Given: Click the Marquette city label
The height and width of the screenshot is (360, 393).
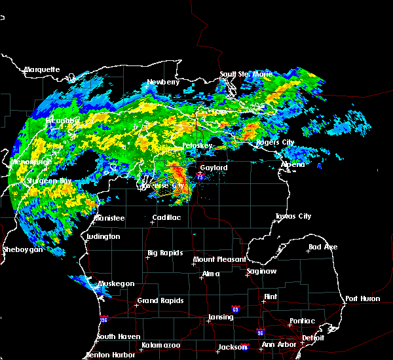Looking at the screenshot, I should click(42, 69).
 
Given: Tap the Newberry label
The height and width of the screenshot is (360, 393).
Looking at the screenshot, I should click(163, 82).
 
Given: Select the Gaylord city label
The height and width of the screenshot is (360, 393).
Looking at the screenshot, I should click(214, 168).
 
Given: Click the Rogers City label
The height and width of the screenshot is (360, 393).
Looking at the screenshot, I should click(274, 142).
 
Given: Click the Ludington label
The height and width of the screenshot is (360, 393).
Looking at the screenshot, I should click(103, 236).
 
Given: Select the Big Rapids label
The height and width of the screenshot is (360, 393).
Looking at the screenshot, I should click(164, 253).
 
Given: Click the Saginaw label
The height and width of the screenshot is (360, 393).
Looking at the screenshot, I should click(260, 271).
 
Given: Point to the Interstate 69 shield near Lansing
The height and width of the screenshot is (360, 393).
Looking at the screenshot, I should click(235, 308).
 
